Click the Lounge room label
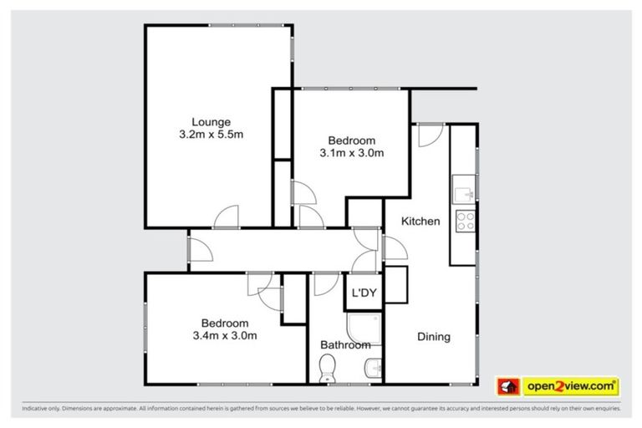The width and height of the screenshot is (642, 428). click(x=205, y=121)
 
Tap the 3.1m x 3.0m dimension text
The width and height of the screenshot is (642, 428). click(x=351, y=153)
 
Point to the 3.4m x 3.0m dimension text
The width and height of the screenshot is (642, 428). click(x=224, y=336)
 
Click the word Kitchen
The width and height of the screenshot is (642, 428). click(x=420, y=222)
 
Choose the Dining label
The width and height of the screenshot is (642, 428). click(x=434, y=337)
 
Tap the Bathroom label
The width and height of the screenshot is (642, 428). click(x=345, y=344)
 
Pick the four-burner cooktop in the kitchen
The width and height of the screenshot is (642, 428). click(x=464, y=221)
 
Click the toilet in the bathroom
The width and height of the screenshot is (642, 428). click(x=328, y=367)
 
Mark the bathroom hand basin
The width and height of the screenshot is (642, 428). click(x=374, y=366)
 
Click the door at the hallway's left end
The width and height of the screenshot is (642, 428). click(x=197, y=249)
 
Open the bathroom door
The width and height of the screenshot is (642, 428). click(x=322, y=285)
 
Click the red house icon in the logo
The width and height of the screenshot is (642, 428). click(x=509, y=386)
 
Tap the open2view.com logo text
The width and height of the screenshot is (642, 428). click(x=570, y=386)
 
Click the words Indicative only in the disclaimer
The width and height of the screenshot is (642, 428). click(x=43, y=410)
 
